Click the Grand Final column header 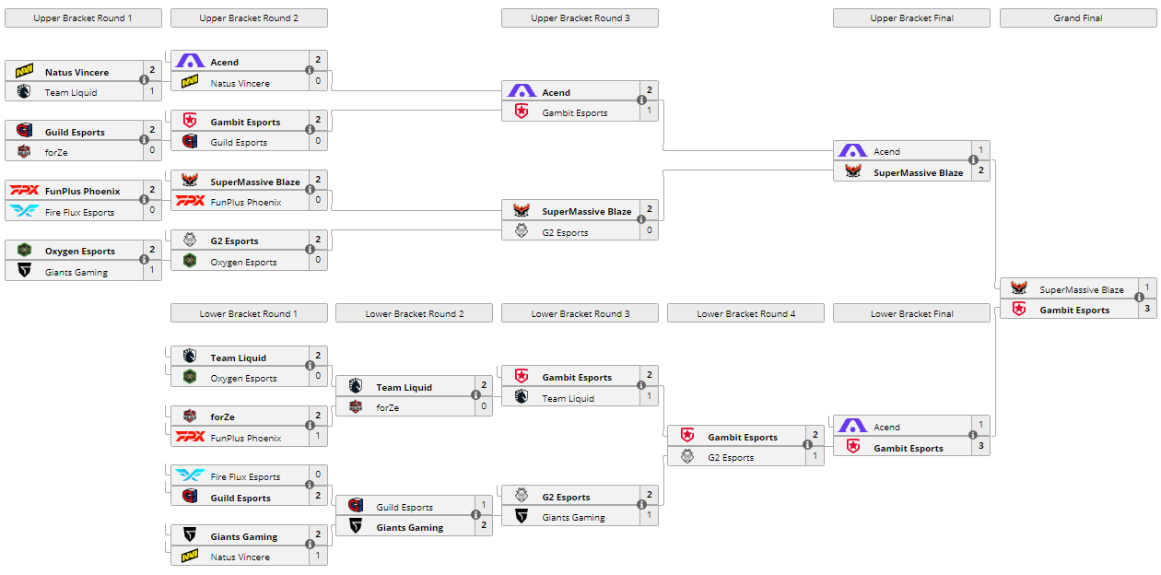[x=1077, y=18]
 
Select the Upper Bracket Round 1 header [x=83, y=18]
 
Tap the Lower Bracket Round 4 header [x=745, y=314]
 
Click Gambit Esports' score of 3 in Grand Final [x=1147, y=310]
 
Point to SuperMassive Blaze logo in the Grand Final [x=1019, y=289]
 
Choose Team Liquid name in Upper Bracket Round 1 [x=71, y=93]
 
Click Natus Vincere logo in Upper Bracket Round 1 [x=24, y=72]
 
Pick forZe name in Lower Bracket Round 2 [x=388, y=408]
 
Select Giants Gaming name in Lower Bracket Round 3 [x=573, y=518]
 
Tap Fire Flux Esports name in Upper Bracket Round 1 [x=79, y=213]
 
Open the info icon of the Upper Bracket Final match [x=973, y=160]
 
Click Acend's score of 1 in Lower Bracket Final [x=981, y=427]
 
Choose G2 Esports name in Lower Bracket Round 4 [x=731, y=458]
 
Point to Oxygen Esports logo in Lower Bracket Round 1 [x=190, y=379]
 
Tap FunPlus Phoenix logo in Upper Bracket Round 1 [x=24, y=191]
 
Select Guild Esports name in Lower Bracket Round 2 [x=405, y=508]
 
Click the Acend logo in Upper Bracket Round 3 [x=522, y=92]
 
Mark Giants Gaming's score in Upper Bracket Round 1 [x=152, y=272]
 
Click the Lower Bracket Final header [x=911, y=314]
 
